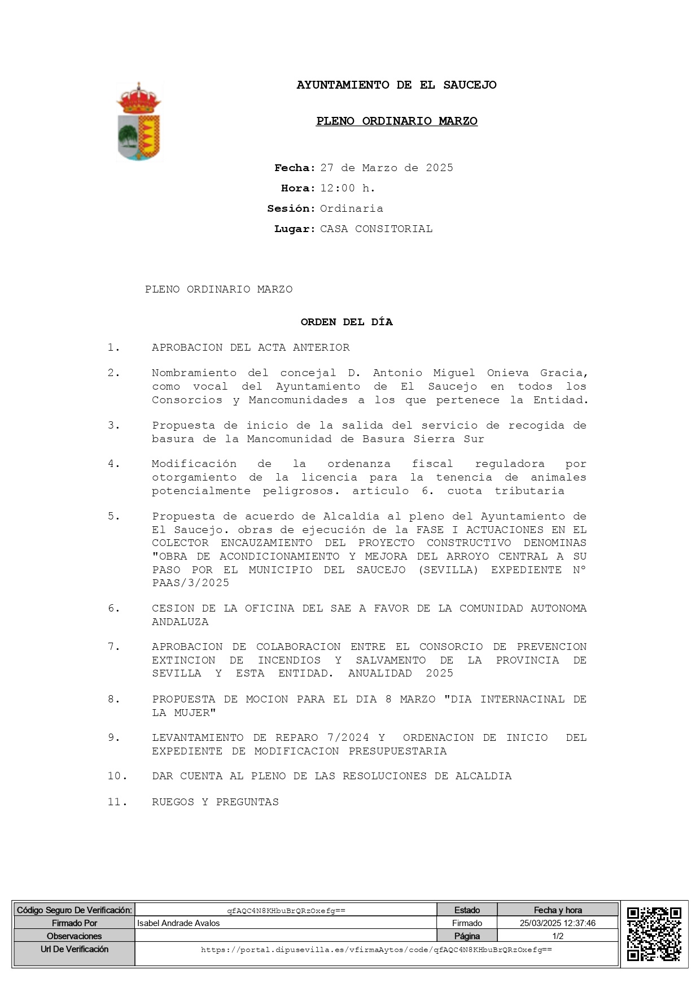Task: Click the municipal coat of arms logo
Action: click(139, 123)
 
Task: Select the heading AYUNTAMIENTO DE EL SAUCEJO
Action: click(396, 85)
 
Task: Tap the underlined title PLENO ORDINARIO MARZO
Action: click(396, 121)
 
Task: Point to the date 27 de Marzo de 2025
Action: click(387, 168)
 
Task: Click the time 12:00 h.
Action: click(347, 189)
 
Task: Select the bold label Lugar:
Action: click(294, 229)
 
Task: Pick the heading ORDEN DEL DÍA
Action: click(347, 322)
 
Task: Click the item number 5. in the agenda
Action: click(114, 517)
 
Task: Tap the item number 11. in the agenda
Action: click(117, 802)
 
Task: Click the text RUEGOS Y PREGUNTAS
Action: click(215, 802)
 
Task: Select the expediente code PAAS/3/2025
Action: click(191, 583)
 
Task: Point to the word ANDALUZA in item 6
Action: click(180, 622)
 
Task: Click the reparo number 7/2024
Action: click(348, 738)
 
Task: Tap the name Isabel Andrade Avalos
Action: click(178, 923)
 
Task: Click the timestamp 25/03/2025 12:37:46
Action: click(558, 923)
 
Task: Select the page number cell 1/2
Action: click(558, 936)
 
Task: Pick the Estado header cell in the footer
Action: click(467, 910)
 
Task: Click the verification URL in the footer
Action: click(377, 950)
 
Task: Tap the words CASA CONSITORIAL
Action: click(376, 229)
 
